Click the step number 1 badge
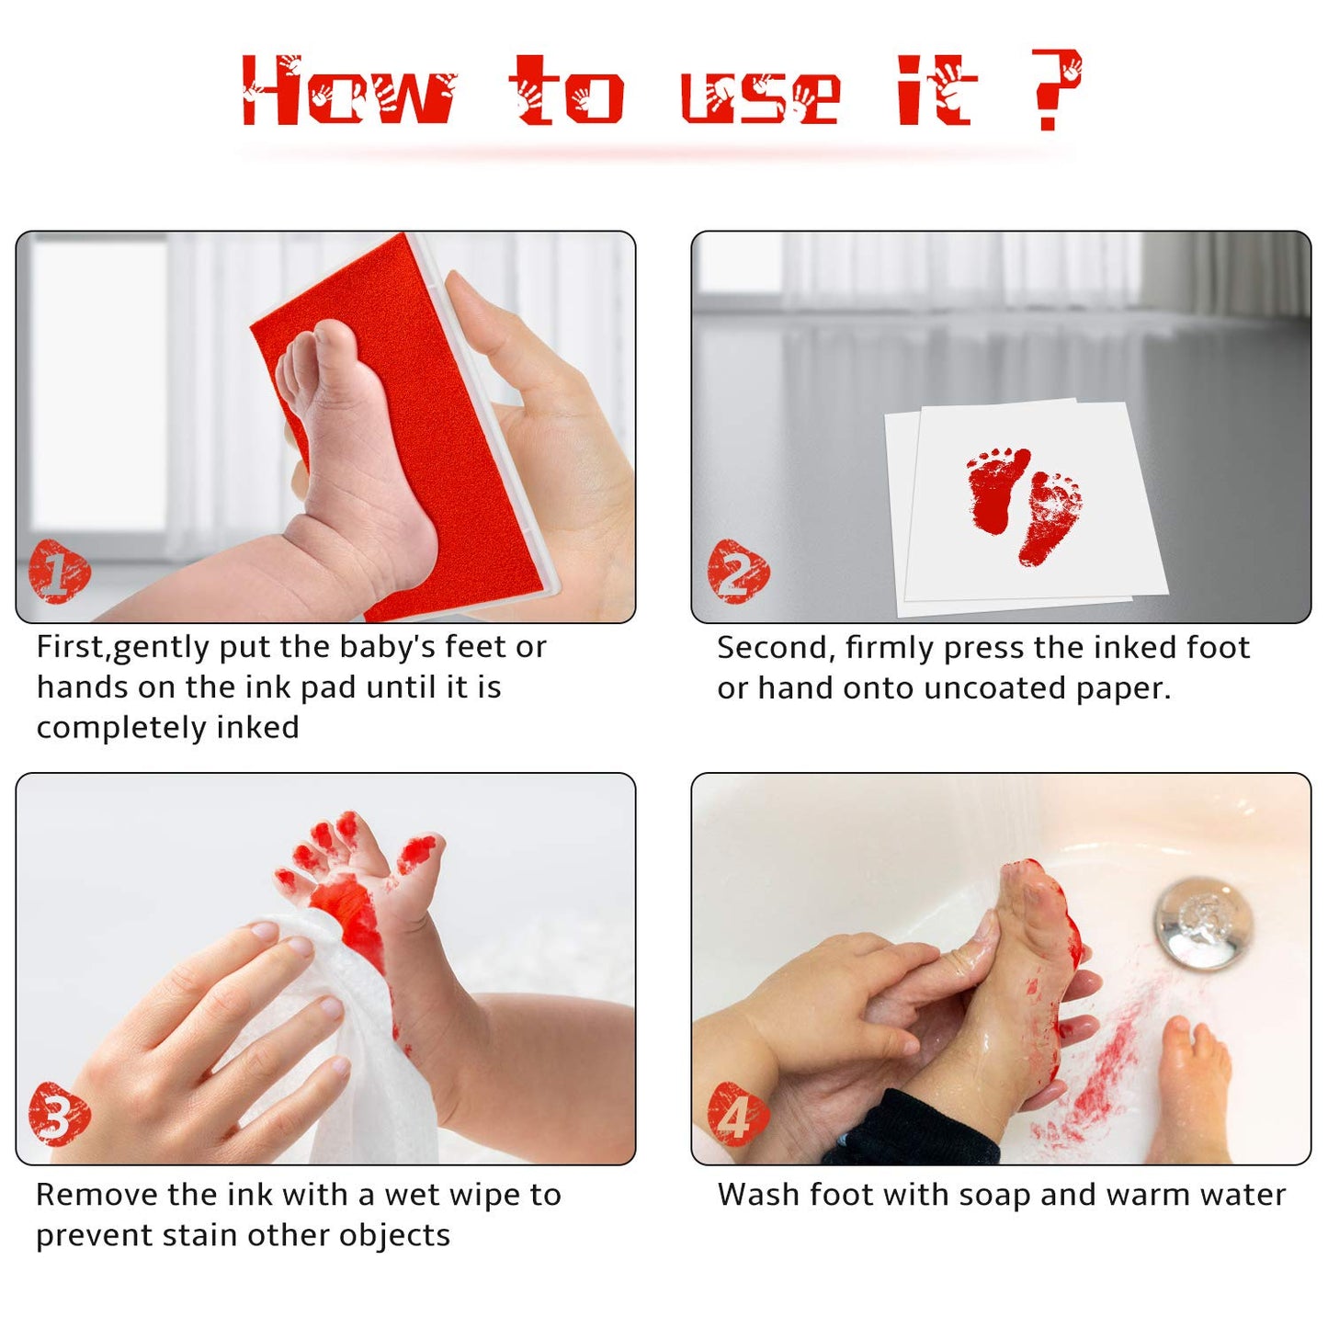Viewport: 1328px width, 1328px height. [59, 572]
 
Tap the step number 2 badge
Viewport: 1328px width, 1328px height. [737, 572]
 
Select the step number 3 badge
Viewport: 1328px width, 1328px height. [59, 1115]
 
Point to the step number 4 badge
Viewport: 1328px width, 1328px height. [737, 1115]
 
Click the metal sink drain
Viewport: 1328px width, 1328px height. [1203, 922]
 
